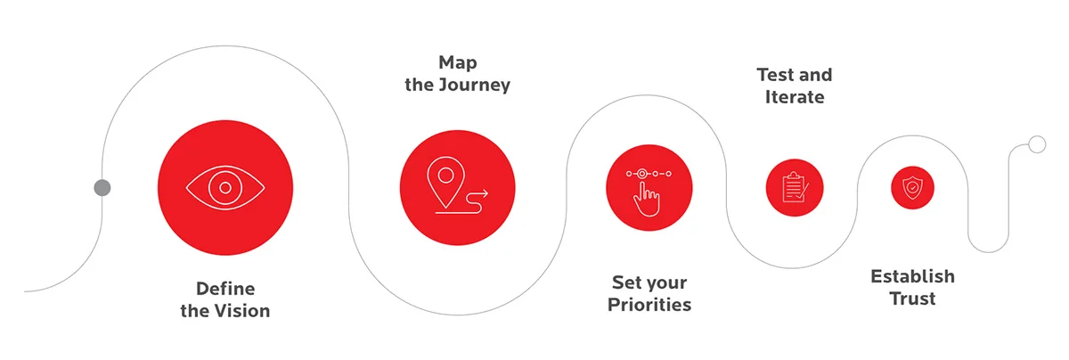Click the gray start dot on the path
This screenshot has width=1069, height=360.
point(102,187)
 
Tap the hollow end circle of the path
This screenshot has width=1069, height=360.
point(1036,144)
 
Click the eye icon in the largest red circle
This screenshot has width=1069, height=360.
point(225,187)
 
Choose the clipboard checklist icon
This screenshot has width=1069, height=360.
point(794,188)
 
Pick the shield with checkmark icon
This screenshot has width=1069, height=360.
point(912,188)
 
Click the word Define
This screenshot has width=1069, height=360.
point(225,289)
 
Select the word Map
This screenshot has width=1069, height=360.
point(457,62)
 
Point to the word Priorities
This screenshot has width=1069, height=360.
point(649,305)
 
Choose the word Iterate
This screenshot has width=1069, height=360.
point(795,97)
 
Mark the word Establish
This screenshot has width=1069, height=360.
point(912,275)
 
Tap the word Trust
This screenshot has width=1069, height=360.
point(912,299)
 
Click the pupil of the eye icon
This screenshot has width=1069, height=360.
point(225,187)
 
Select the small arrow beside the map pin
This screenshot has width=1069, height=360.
point(481,191)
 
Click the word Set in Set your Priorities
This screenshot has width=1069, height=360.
point(627,282)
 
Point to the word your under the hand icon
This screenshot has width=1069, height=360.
point(667,282)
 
